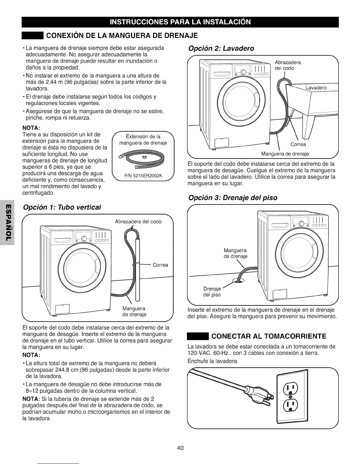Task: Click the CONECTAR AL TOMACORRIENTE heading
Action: pos(269,336)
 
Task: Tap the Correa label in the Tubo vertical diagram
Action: pos(160,265)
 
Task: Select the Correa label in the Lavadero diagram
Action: pos(298,144)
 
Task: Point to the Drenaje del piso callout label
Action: pos(212,292)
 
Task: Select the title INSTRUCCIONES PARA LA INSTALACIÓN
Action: pos(180,22)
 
